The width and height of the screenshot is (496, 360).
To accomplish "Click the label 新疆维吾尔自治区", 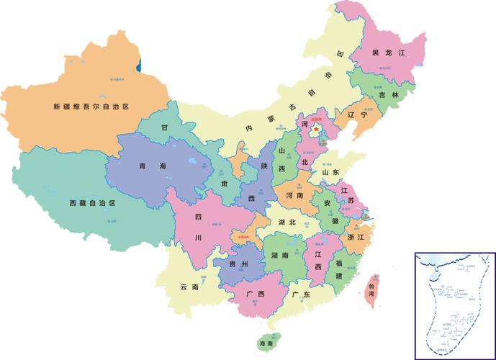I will coord(91,107).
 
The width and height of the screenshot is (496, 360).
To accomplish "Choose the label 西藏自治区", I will coord(92,204).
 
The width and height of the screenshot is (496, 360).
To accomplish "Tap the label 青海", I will coord(153,166).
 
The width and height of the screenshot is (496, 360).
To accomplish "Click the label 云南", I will coord(189,287).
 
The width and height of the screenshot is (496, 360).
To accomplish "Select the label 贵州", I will coord(238,265).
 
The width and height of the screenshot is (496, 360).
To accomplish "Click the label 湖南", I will coord(280,256).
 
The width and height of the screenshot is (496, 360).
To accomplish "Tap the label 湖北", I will coord(287,222).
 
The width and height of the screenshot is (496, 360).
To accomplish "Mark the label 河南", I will coord(294,195).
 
